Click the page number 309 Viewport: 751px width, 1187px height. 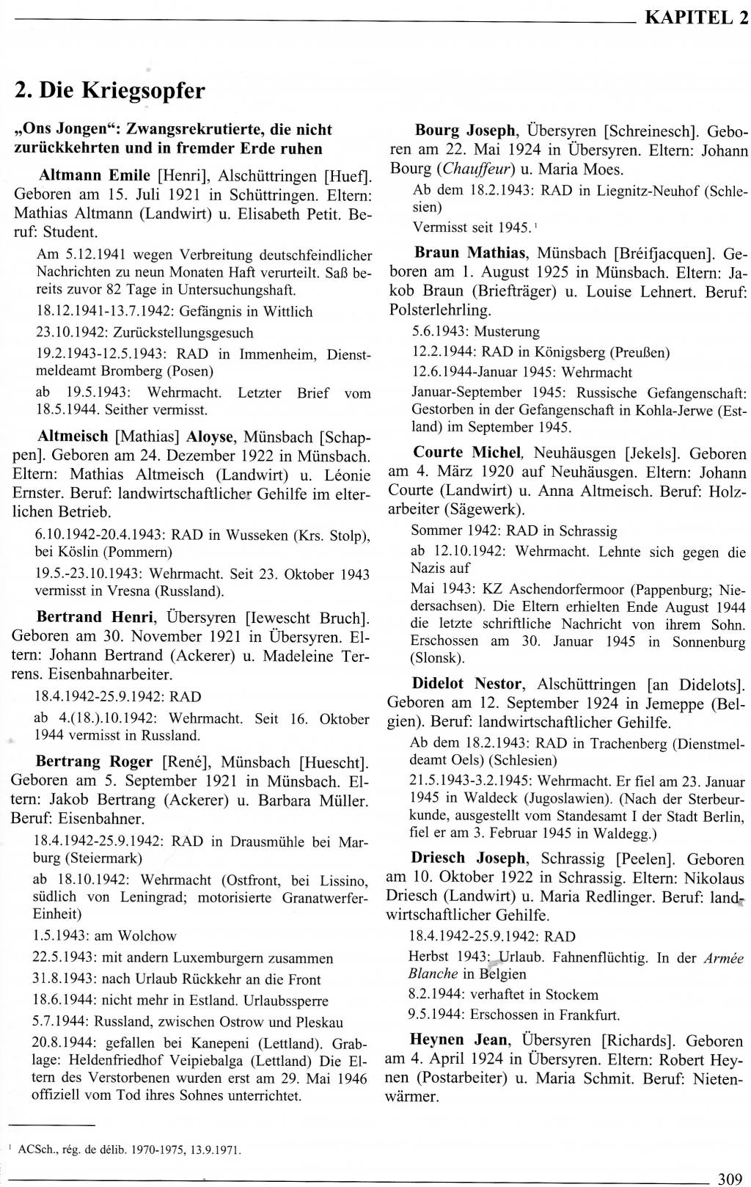tap(730, 1179)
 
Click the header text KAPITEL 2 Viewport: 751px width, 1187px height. tap(696, 18)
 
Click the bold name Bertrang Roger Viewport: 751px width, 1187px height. tap(94, 761)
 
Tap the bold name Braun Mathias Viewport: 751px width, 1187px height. tap(470, 253)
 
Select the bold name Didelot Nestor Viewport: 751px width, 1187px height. tap(467, 684)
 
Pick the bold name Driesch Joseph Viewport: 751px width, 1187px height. tap(468, 858)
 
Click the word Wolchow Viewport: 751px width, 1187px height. tap(146, 935)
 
